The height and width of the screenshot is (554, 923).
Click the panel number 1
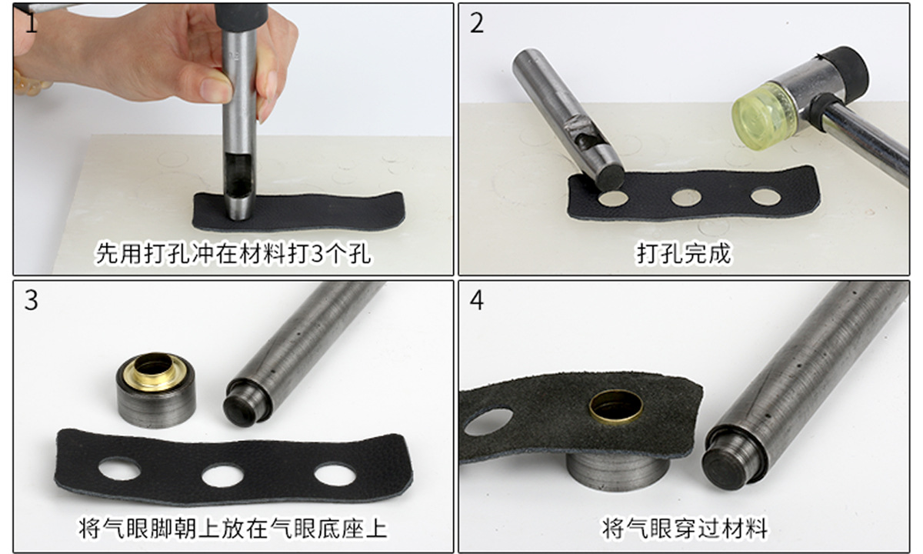31,22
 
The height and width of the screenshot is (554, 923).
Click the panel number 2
477,24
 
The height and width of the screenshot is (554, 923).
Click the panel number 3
32,300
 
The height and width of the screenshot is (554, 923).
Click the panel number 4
477,300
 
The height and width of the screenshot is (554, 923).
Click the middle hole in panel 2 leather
686,198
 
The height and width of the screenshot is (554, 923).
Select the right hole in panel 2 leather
765,197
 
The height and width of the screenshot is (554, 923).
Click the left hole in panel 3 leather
119,469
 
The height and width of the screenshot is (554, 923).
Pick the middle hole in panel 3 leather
222,476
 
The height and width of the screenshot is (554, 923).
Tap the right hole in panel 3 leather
335,474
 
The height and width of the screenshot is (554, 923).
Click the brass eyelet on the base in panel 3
154,372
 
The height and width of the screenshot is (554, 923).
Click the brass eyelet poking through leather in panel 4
615,407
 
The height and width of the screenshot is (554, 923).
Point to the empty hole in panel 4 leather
488,422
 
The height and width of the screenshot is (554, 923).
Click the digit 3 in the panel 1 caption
317,253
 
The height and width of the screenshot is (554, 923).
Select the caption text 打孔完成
684,252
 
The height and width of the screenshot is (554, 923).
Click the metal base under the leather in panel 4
615,471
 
